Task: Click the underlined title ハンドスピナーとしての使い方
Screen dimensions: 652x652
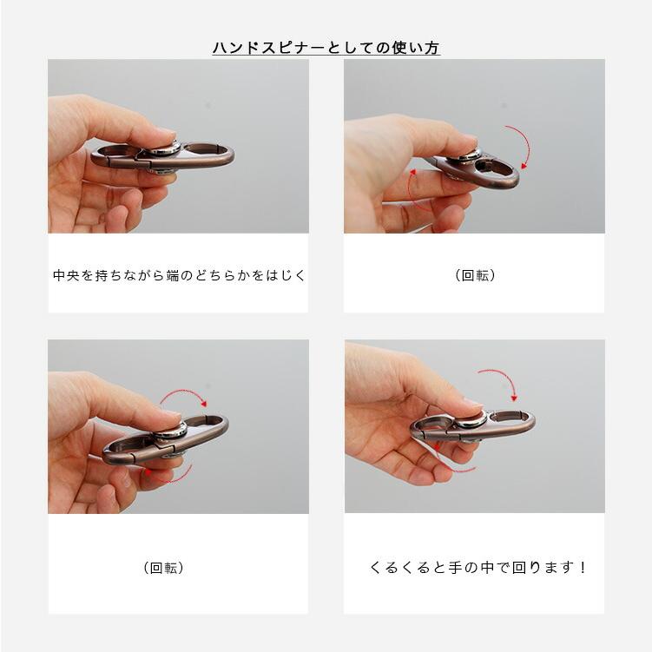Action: [326, 48]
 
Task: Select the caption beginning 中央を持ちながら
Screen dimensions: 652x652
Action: [179, 275]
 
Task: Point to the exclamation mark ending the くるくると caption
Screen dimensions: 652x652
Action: [583, 568]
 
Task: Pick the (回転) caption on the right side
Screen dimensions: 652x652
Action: [475, 275]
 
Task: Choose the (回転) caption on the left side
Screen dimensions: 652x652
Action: [163, 568]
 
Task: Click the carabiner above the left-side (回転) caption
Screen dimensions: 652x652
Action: [165, 438]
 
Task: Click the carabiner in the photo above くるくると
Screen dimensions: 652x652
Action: [473, 425]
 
